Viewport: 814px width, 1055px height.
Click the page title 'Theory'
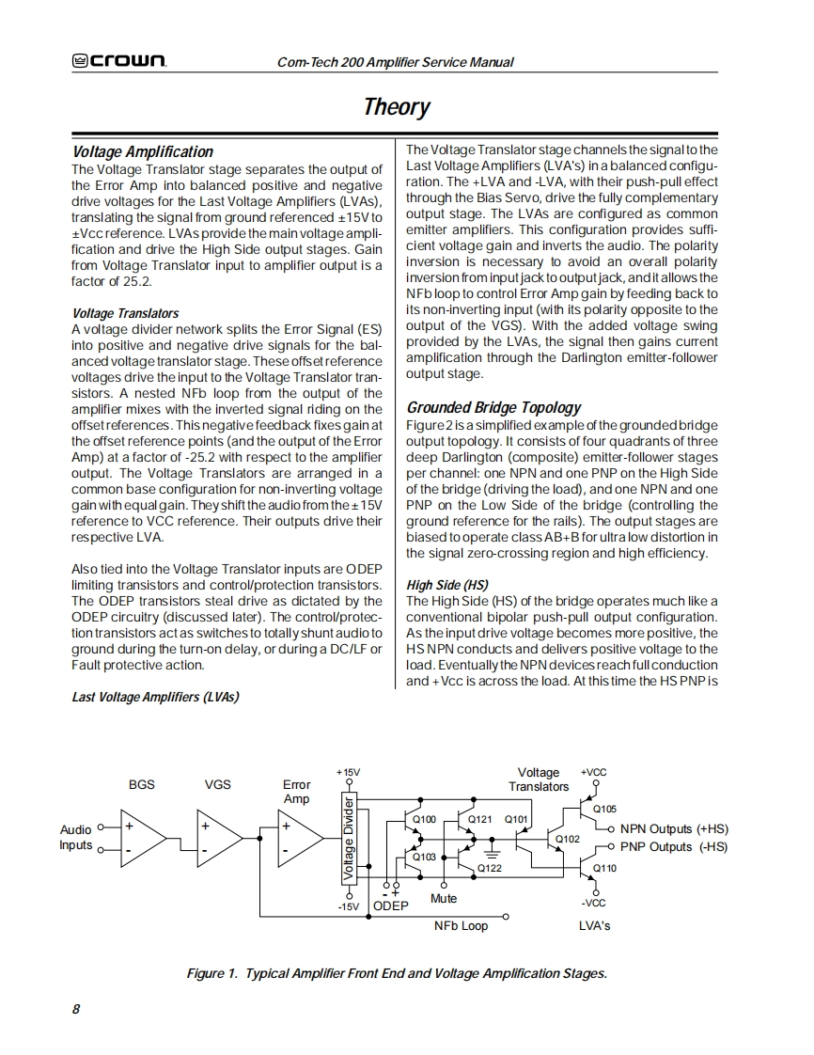coord(397,106)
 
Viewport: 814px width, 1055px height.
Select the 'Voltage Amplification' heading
coord(143,151)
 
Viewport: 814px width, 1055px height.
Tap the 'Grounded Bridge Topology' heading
coord(493,407)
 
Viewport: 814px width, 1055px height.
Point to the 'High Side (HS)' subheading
coord(446,585)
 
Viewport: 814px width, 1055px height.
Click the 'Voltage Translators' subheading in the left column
coord(125,313)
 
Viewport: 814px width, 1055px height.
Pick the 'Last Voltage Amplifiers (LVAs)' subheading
coord(155,697)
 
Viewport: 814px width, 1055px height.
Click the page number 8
coord(76,1009)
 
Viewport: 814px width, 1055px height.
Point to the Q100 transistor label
coord(425,820)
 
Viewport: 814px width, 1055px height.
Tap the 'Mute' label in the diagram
coord(444,899)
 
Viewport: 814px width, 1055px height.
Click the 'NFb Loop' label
coord(461,926)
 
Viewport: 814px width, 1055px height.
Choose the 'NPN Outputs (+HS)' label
coord(674,829)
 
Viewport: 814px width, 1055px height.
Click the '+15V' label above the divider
coord(348,772)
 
